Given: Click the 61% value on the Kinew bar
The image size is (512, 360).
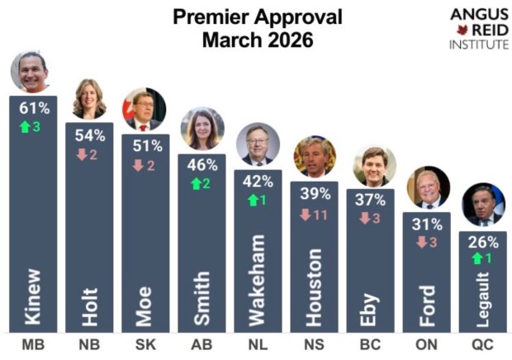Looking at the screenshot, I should coord(35,107).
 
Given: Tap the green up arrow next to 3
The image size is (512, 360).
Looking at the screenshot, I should coord(26,127).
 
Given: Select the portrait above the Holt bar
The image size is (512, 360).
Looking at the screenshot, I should coord(88,99).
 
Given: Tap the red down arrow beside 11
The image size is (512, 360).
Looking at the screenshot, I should coord(306,216).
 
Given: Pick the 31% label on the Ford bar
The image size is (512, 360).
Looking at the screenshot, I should coord(427,223).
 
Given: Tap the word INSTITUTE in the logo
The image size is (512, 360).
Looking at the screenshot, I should coord(479,44).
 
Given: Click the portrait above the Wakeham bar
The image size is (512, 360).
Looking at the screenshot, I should coord(258,145).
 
